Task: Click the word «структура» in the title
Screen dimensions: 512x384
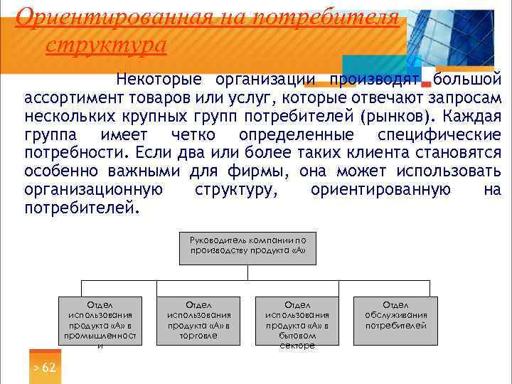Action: point(105,45)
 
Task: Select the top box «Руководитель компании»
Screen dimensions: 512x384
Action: point(247,247)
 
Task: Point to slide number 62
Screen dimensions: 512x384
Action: point(44,368)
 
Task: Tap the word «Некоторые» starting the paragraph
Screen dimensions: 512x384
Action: point(159,78)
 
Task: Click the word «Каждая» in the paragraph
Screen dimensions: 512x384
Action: point(476,117)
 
